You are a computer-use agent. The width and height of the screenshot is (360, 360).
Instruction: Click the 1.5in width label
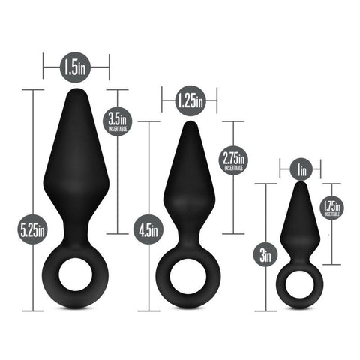pos(76,67)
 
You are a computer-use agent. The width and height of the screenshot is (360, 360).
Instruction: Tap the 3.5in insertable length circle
pos(117,121)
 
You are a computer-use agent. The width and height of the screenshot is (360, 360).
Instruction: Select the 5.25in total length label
pos(33,226)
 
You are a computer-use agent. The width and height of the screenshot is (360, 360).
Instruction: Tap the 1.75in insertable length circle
pos(331,207)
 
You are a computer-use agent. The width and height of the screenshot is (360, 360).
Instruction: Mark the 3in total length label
pos(265,255)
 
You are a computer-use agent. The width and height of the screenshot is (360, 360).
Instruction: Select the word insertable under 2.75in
pos(234,169)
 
